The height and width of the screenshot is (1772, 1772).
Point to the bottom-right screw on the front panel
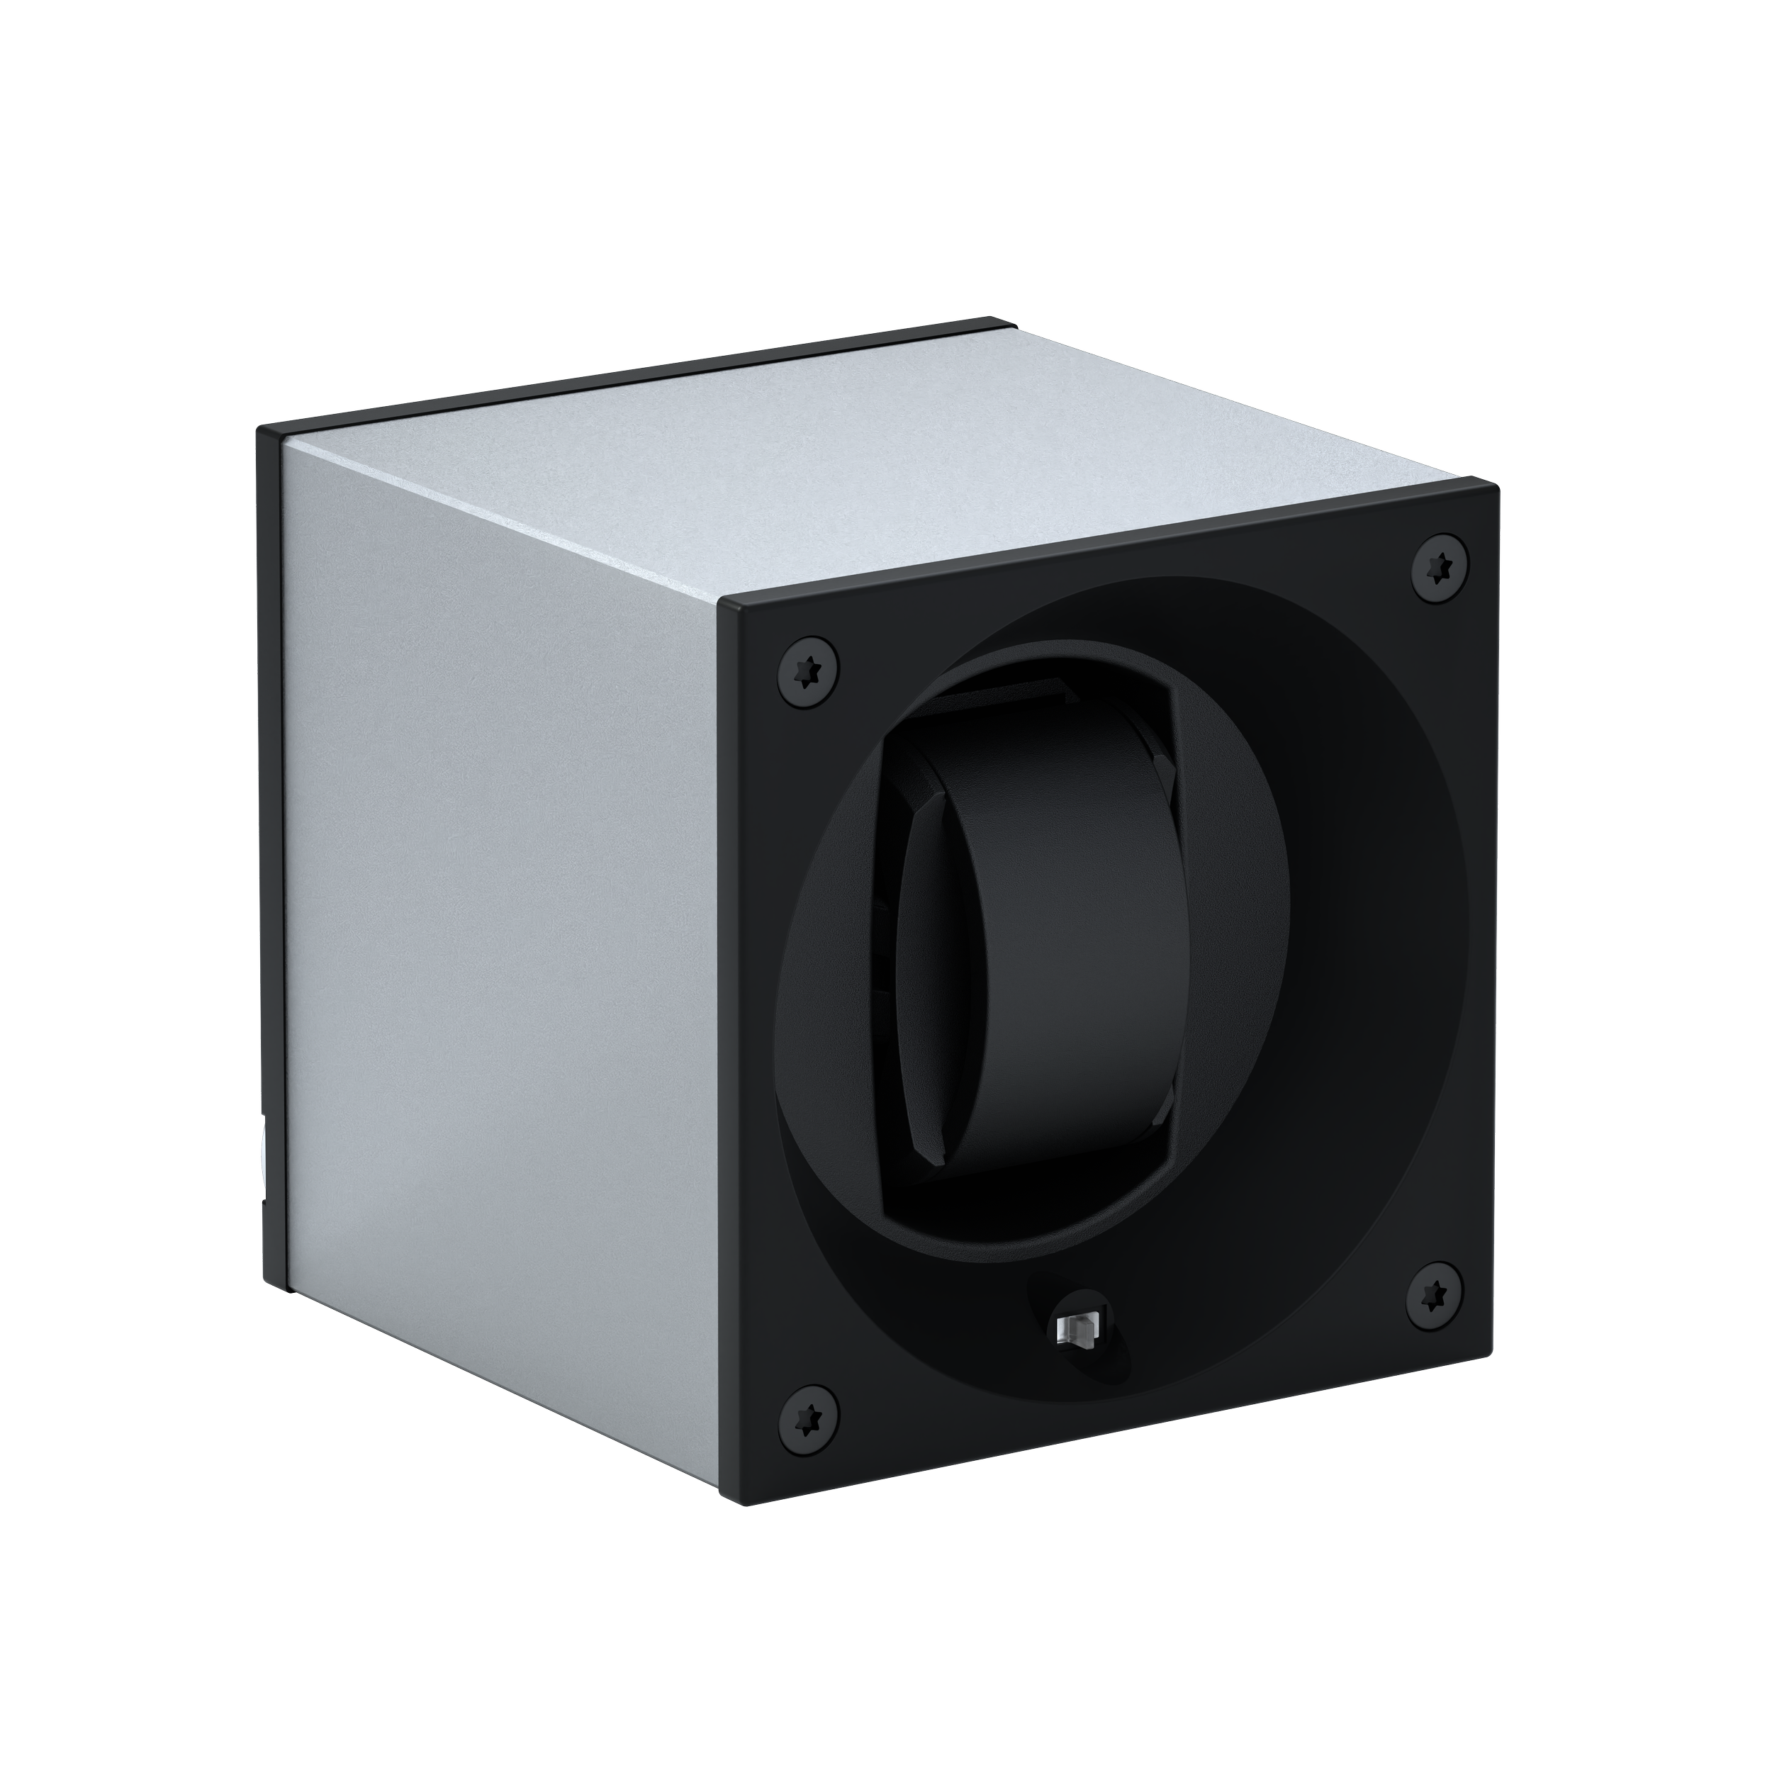point(1435,1295)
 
